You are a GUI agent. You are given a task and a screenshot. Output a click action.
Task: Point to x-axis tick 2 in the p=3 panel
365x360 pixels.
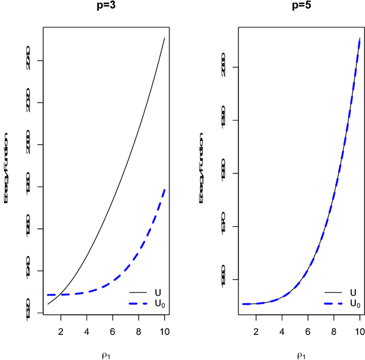pos(61,330)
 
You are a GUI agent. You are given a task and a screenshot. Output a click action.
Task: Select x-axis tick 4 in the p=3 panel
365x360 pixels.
pos(87,330)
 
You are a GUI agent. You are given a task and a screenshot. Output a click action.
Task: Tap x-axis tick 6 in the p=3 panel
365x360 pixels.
pos(112,330)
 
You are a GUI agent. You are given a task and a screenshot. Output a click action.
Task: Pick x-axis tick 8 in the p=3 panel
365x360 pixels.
pos(139,330)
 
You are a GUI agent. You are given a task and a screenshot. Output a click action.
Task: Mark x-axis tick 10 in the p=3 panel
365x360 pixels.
pos(164,330)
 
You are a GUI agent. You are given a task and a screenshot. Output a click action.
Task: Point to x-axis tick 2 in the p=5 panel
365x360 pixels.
pos(256,330)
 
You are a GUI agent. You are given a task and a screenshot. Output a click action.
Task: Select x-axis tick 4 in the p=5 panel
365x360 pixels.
pos(282,330)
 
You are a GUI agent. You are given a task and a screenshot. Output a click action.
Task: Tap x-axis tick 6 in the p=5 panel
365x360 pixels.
pos(308,330)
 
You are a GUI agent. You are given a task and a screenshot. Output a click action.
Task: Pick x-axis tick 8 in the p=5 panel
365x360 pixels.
pos(334,330)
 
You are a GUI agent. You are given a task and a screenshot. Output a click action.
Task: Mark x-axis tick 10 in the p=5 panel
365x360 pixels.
pos(359,330)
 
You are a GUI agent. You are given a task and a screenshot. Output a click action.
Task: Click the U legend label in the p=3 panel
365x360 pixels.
pos(157,292)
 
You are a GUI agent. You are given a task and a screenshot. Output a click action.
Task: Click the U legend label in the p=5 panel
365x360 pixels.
pos(353,292)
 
